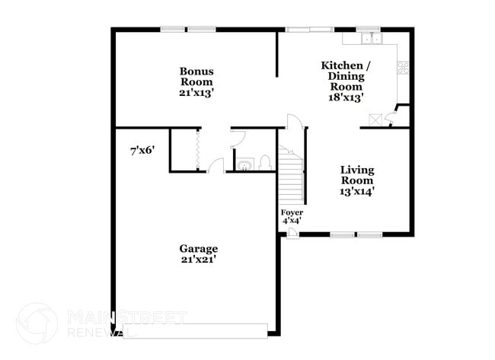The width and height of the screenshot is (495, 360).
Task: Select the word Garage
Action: (198, 249)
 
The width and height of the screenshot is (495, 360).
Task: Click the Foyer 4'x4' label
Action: (292, 216)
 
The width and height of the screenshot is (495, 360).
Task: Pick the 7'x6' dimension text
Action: (142, 151)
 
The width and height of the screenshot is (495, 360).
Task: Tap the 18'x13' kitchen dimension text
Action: (346, 97)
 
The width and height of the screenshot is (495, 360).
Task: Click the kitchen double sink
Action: (372, 38)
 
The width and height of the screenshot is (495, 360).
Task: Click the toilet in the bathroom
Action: (266, 162)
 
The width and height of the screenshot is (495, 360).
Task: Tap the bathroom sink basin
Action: (245, 164)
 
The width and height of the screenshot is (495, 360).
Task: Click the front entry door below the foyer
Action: (292, 232)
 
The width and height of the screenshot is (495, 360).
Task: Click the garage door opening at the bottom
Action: (196, 330)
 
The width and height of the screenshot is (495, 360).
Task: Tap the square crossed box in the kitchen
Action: (375, 119)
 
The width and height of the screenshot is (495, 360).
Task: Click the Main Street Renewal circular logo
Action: (37, 323)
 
